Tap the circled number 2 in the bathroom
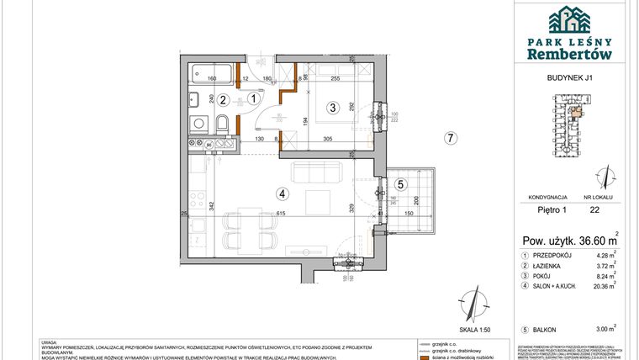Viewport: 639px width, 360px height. pyautogui.click(x=223, y=99)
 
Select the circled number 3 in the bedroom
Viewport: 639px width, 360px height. pyautogui.click(x=333, y=107)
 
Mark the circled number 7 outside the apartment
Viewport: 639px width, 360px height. pyautogui.click(x=451, y=139)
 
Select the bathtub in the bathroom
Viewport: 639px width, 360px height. pyautogui.click(x=211, y=71)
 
